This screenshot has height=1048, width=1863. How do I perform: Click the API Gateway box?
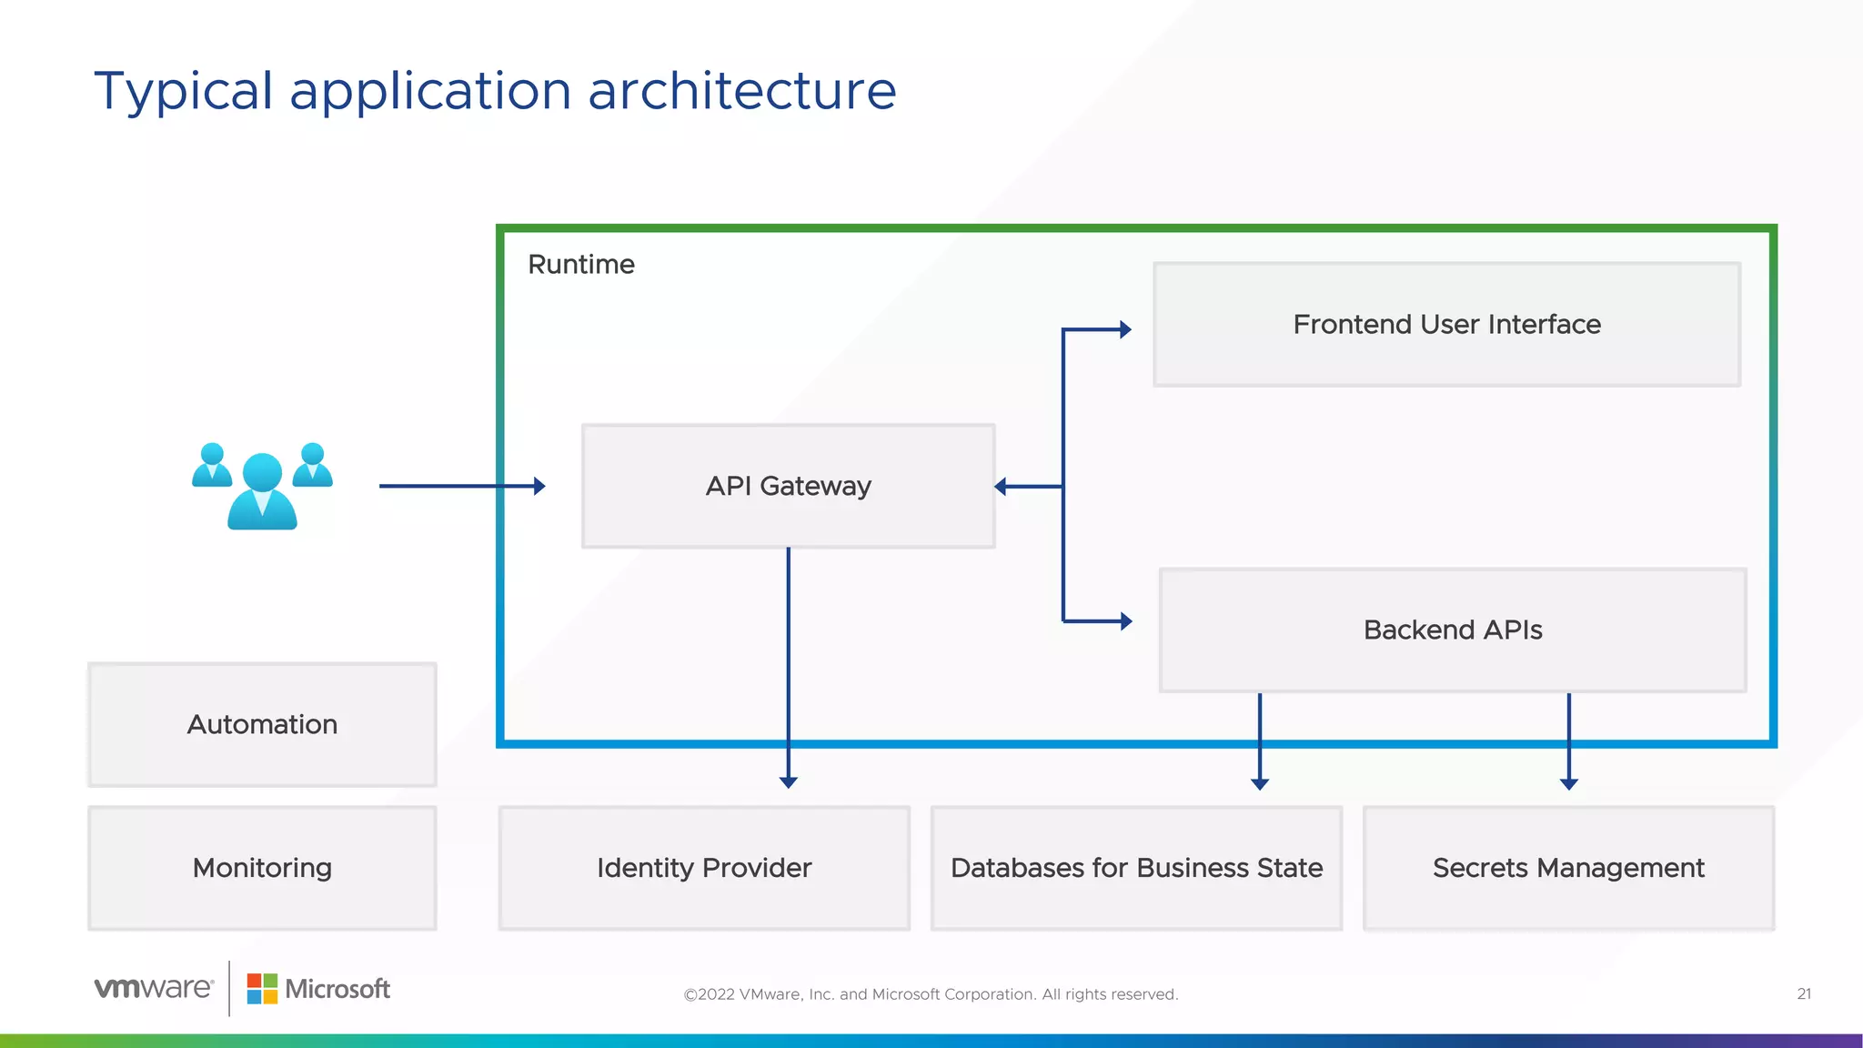pyautogui.click(x=788, y=486)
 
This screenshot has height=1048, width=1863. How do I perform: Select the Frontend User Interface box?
pyautogui.click(x=1446, y=325)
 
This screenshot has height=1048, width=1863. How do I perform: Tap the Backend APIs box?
pyautogui.click(x=1452, y=630)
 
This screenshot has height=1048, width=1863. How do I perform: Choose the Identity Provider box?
pyautogui.click(x=704, y=868)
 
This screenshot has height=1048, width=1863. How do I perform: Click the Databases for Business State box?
pyautogui.click(x=1136, y=868)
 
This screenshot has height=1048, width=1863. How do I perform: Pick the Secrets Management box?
pyautogui.click(x=1568, y=868)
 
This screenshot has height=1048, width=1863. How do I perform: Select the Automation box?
pyautogui.click(x=262, y=724)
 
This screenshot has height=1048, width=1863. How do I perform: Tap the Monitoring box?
pyautogui.click(x=262, y=868)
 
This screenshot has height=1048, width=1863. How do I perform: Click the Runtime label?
pyautogui.click(x=581, y=265)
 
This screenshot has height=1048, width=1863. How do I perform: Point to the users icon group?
pyautogui.click(x=262, y=486)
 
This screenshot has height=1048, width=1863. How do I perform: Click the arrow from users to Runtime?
pyautogui.click(x=459, y=486)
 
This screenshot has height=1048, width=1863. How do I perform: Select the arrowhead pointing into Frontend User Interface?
pyautogui.click(x=1125, y=329)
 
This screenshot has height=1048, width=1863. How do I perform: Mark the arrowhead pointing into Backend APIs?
pyautogui.click(x=1126, y=621)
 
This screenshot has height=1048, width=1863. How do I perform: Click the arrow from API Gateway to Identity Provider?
pyautogui.click(x=789, y=664)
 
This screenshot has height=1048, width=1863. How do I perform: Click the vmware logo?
pyautogui.click(x=154, y=988)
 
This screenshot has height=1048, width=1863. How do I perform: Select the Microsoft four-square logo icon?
pyautogui.click(x=262, y=989)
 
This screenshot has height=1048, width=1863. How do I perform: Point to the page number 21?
pyautogui.click(x=1804, y=993)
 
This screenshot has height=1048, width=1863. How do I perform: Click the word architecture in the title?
pyautogui.click(x=741, y=91)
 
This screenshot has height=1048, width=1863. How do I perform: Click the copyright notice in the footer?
pyautogui.click(x=931, y=994)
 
